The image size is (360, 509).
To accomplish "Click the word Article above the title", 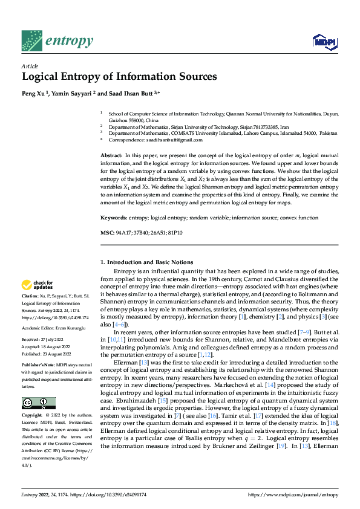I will [x=30, y=66].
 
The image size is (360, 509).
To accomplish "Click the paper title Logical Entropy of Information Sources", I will [x=119, y=77].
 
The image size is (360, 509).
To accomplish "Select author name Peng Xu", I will [x=34, y=94].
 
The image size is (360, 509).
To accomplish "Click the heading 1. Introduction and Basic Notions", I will [x=146, y=262].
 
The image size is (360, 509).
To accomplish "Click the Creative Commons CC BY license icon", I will [x=38, y=403].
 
